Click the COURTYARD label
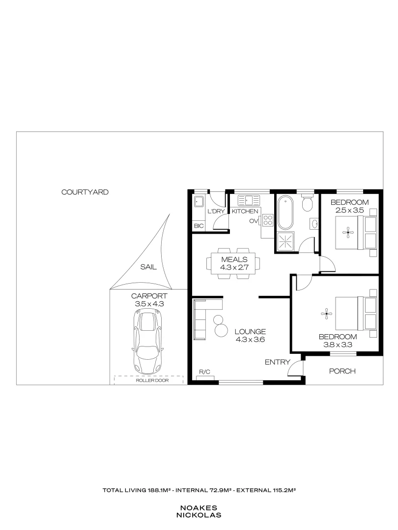(x=85, y=192)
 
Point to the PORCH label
(x=342, y=371)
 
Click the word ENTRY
(x=275, y=362)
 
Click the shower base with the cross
(x=285, y=240)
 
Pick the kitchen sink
(x=248, y=200)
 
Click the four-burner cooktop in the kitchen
(x=268, y=220)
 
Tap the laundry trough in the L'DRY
(x=199, y=202)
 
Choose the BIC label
(x=199, y=226)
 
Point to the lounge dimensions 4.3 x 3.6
(x=250, y=339)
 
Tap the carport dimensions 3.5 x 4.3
(x=149, y=304)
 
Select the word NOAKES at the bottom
(x=199, y=508)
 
